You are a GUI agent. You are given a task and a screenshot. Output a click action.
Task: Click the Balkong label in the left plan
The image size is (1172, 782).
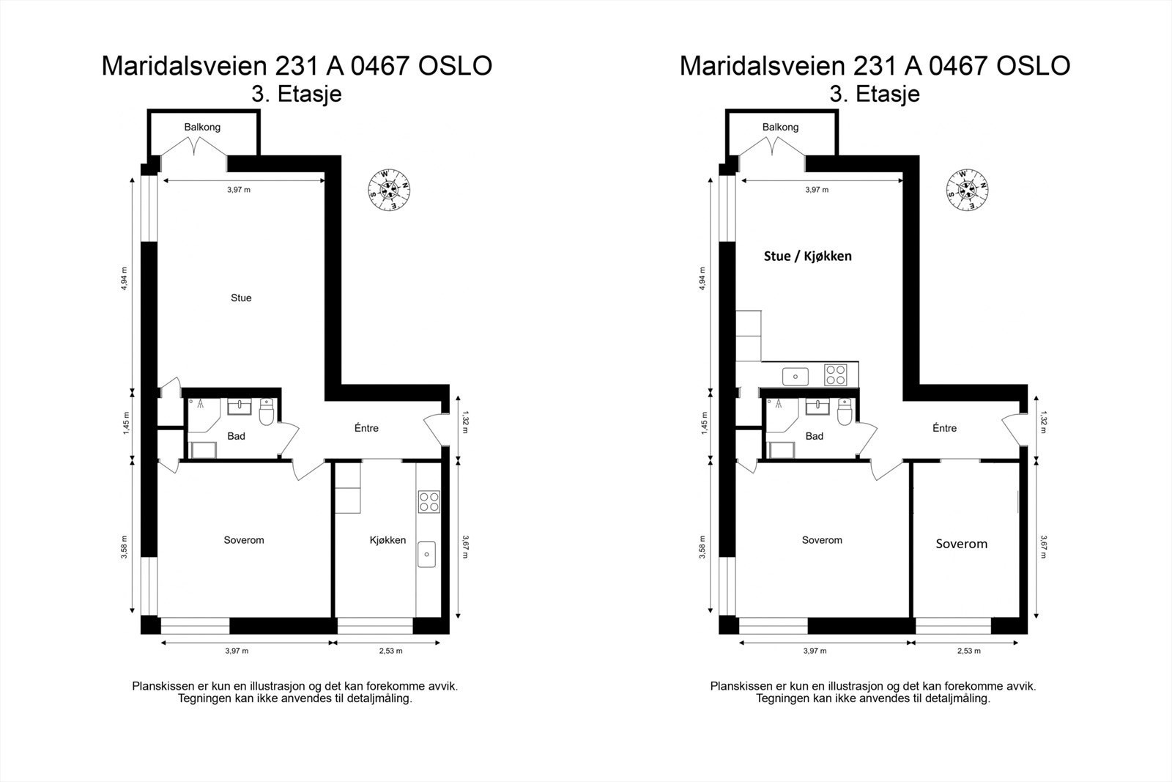click(202, 128)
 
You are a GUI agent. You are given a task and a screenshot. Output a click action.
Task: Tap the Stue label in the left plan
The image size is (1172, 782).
click(241, 298)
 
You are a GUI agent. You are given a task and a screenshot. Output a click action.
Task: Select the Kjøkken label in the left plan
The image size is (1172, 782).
click(387, 540)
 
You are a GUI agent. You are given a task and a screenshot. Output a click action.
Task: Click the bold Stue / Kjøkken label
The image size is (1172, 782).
click(807, 256)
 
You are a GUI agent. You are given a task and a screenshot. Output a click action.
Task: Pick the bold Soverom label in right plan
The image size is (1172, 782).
click(961, 544)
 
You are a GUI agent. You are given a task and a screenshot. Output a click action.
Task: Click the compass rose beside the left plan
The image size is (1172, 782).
click(388, 190)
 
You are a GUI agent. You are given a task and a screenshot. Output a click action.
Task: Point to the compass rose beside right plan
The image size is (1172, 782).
click(966, 190)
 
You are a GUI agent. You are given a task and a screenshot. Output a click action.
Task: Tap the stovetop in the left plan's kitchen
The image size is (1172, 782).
click(429, 502)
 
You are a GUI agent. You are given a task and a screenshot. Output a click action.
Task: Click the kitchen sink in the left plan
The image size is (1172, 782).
click(426, 554)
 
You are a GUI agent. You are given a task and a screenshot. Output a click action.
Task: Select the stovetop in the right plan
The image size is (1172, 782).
click(835, 375)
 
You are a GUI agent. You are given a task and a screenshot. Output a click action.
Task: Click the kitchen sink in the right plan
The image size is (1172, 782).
click(795, 377)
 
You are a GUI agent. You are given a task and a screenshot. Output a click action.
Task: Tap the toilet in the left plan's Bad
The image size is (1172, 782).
click(267, 413)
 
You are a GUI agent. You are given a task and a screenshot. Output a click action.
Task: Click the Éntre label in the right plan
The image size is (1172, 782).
click(944, 428)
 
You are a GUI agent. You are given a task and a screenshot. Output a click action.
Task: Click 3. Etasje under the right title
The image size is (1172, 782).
click(875, 95)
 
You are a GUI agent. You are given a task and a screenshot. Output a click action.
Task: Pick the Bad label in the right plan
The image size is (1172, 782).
click(814, 436)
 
